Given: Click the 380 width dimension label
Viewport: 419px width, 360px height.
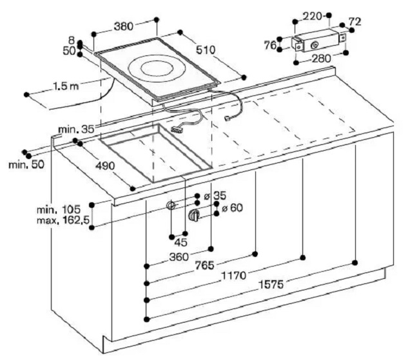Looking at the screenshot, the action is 124,26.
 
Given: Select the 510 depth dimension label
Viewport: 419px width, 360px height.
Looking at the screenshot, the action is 206,50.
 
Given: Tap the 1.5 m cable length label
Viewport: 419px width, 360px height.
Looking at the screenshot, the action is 66,86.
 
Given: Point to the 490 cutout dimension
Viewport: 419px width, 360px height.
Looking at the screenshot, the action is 105,166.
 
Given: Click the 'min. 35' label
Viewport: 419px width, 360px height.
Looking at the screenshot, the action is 77,129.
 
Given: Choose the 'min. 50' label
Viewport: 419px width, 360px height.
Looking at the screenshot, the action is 26,164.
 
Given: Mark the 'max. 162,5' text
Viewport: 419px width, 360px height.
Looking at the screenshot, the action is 63,220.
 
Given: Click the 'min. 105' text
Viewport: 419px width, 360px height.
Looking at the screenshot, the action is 59,209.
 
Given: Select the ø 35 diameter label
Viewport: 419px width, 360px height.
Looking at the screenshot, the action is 215,196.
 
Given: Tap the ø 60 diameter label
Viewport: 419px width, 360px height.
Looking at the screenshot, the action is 232,207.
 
